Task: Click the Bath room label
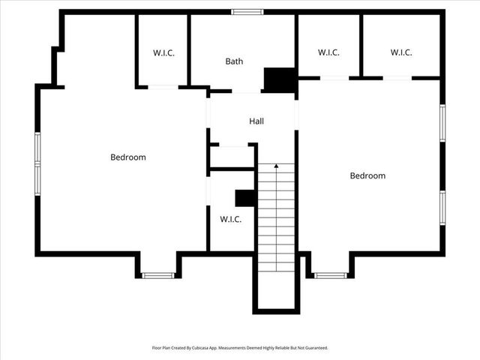(234, 61)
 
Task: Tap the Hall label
(256, 121)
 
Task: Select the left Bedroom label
(128, 157)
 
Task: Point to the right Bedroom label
(367, 175)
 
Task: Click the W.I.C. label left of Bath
(163, 52)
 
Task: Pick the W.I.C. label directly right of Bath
(328, 52)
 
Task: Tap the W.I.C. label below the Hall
(230, 219)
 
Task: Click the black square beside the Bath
(280, 79)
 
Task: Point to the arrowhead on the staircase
(276, 165)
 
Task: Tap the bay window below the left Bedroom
(158, 275)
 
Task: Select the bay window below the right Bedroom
(331, 275)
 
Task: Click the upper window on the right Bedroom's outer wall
(442, 123)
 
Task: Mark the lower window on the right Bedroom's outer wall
(442, 208)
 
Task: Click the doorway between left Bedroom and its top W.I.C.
(163, 87)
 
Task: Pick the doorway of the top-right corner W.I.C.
(397, 77)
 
